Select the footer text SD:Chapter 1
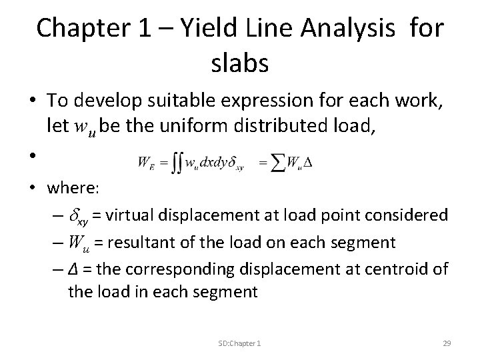click(x=239, y=343)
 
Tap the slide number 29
click(x=447, y=343)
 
